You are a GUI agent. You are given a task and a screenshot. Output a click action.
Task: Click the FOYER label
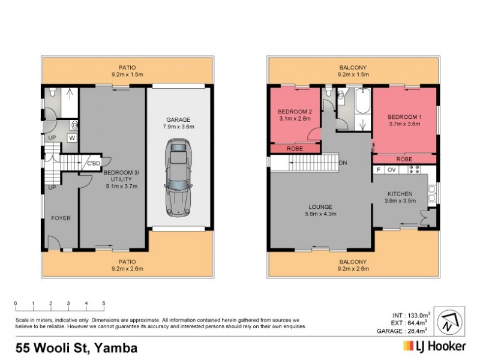[x=61, y=218]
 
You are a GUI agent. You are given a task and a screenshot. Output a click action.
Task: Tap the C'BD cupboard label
[x=94, y=163]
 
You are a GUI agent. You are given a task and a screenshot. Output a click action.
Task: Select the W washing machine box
[x=72, y=137]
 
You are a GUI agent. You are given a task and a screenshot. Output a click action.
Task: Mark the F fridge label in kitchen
[x=379, y=170]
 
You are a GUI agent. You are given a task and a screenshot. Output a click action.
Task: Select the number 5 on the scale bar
[x=104, y=303]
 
